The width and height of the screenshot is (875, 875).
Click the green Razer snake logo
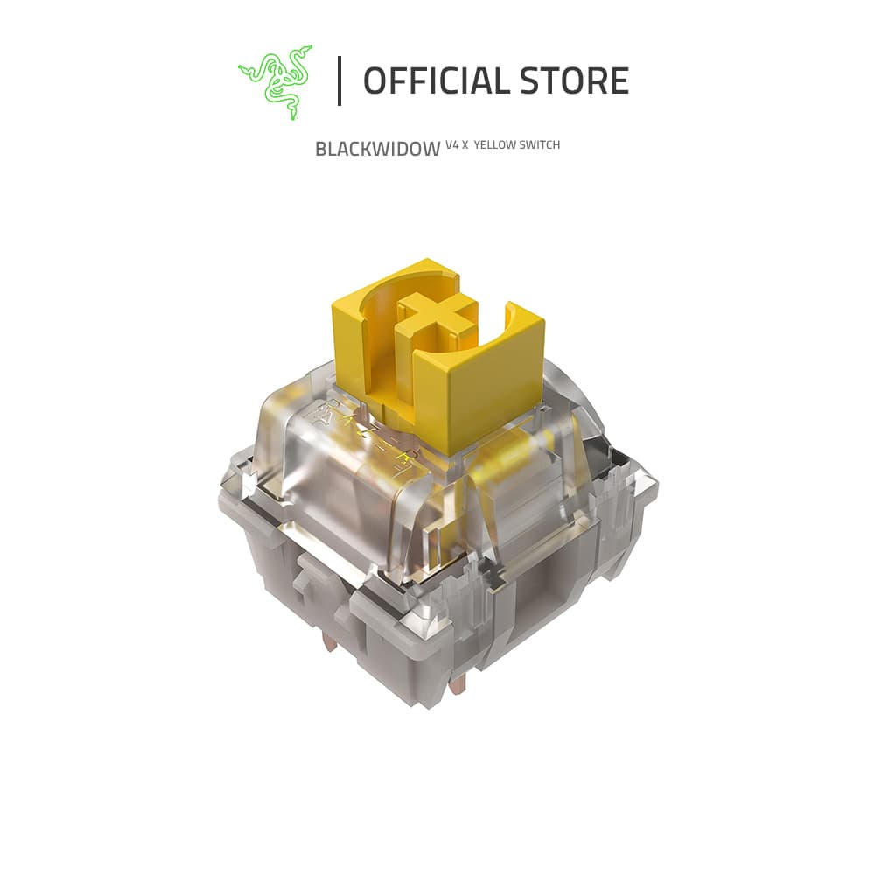pos(275,82)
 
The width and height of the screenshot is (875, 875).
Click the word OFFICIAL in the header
pos(434,80)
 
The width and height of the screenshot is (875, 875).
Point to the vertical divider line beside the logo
pos(339,80)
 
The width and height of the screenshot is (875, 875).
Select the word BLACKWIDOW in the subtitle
pos(378,149)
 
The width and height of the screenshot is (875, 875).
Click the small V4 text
pos(452,145)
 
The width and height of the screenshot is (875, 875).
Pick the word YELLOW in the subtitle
pos(495,145)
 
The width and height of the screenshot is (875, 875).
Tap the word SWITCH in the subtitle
pos(540,145)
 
